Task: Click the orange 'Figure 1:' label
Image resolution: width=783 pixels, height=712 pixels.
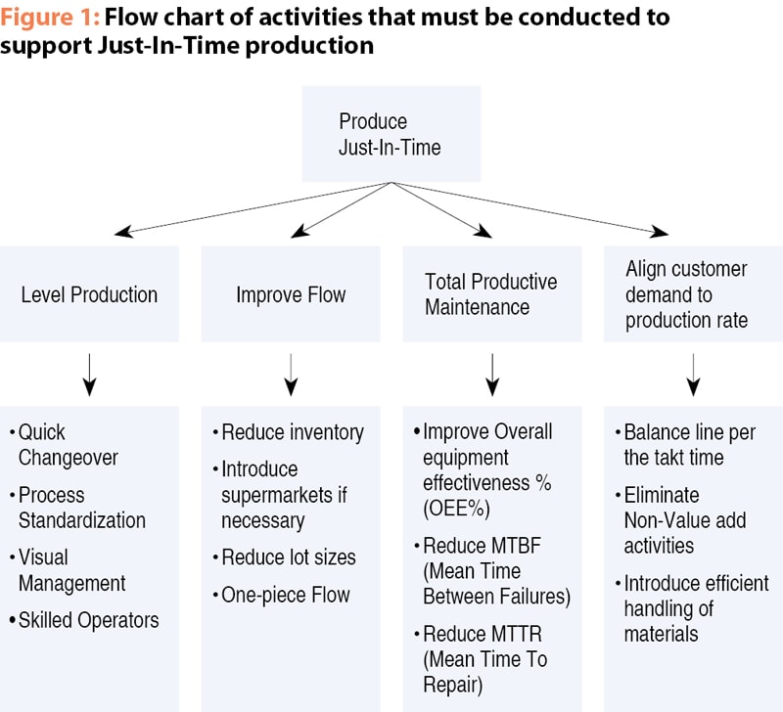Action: click(x=50, y=18)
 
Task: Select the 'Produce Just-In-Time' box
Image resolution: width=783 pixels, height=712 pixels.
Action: click(x=391, y=134)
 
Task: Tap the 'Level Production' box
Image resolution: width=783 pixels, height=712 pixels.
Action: click(x=89, y=293)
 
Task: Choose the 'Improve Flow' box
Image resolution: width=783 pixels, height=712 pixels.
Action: click(x=291, y=293)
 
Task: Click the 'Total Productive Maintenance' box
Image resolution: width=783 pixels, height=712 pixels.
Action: click(x=492, y=293)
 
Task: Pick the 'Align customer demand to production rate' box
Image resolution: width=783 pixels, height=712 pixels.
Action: click(x=694, y=293)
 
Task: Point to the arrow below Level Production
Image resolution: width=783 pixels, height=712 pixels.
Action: click(x=89, y=375)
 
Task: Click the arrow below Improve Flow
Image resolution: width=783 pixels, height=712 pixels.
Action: click(x=291, y=375)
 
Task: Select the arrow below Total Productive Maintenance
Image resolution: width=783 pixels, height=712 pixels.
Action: click(x=492, y=375)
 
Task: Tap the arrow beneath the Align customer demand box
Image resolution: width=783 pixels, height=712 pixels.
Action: click(x=693, y=375)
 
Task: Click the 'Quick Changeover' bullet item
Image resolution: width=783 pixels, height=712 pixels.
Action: click(x=64, y=445)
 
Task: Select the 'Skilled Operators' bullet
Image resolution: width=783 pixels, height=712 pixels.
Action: click(x=84, y=620)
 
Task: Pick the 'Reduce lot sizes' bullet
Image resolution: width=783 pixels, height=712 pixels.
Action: click(x=284, y=557)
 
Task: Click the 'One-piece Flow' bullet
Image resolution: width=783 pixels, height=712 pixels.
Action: click(x=281, y=595)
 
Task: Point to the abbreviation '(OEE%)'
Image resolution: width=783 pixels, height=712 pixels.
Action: click(x=456, y=509)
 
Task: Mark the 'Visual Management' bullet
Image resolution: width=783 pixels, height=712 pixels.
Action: click(x=68, y=570)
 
